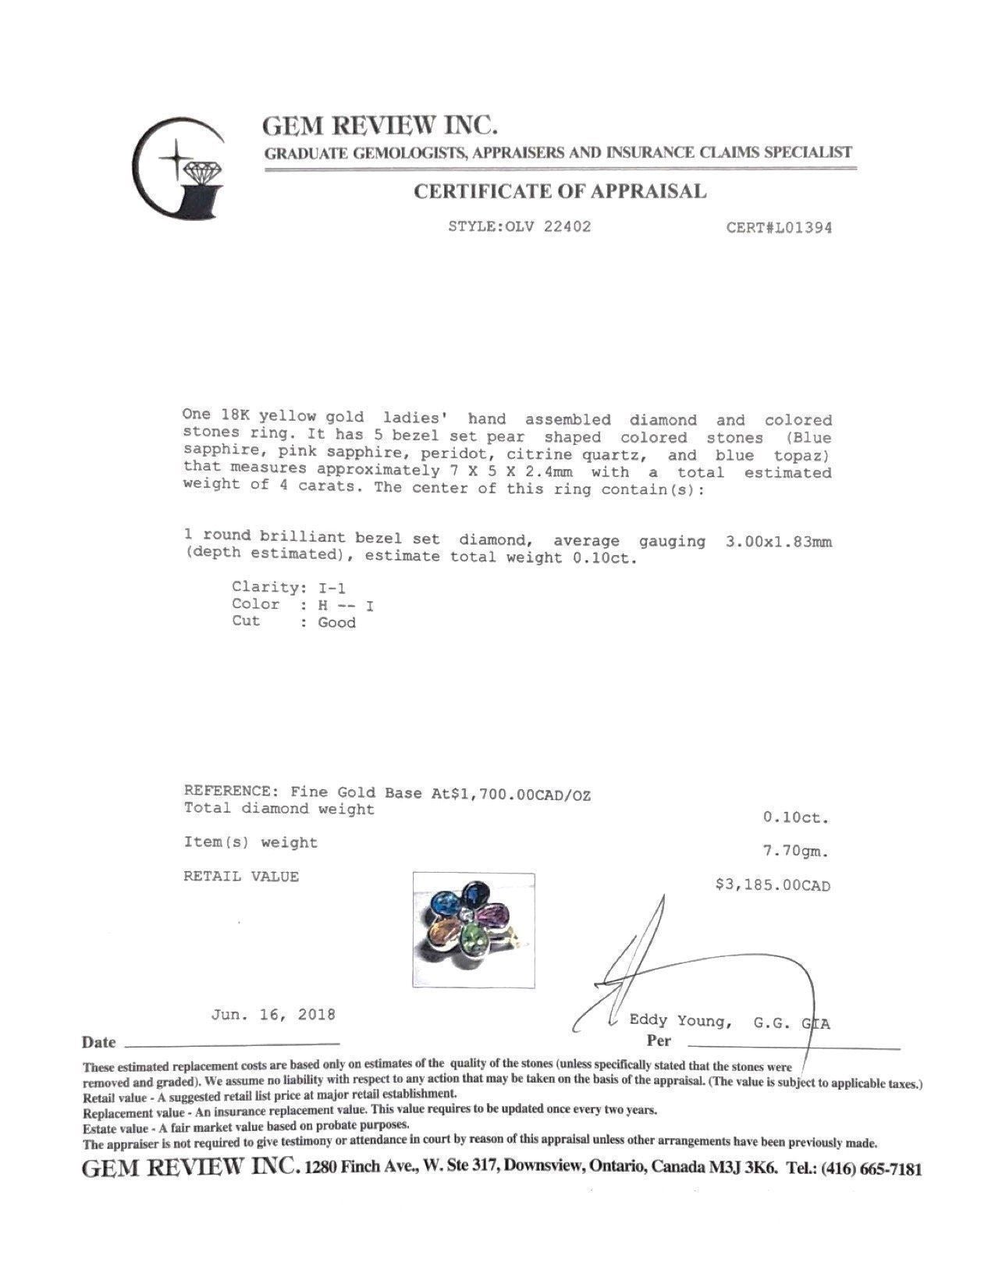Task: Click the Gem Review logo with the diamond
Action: coord(179,168)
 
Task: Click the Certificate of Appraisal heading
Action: coord(560,191)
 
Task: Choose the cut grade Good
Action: coord(336,623)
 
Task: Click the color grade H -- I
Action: coord(346,605)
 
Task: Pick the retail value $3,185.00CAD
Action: coord(773,885)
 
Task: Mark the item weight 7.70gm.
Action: coord(794,852)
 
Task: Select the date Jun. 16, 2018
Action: coord(272,1015)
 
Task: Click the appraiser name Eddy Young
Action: coord(680,1021)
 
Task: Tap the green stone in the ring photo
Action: coord(474,936)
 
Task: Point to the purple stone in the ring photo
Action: coord(493,913)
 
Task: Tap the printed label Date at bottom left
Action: coord(98,1043)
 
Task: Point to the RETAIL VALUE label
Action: coord(241,877)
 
